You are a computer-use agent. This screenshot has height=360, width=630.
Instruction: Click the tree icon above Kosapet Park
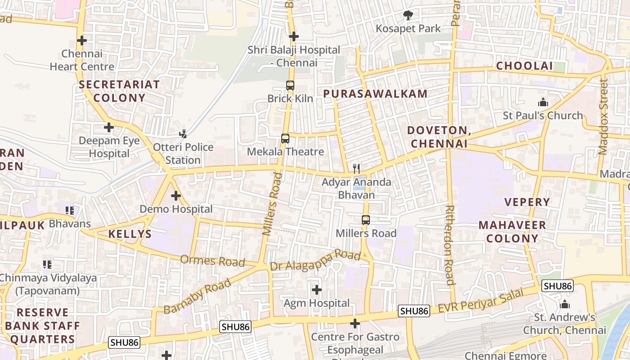[408, 16]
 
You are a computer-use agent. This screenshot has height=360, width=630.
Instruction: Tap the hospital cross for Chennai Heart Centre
[81, 40]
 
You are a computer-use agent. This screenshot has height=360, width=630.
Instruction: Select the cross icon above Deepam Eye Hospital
[109, 127]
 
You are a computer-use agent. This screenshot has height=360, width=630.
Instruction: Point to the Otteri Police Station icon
[183, 134]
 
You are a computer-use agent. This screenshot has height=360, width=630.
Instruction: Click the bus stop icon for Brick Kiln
[290, 85]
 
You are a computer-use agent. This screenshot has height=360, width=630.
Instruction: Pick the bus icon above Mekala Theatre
[285, 138]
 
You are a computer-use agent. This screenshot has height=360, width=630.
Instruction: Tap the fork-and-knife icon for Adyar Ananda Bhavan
[356, 169]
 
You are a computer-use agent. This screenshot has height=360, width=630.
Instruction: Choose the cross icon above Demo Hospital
[176, 196]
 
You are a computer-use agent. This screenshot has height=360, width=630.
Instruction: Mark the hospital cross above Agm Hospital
[317, 289]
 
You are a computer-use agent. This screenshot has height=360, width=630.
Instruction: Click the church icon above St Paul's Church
[543, 102]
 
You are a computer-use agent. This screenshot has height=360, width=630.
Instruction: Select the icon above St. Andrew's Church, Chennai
[565, 304]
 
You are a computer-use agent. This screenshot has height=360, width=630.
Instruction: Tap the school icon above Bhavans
[70, 210]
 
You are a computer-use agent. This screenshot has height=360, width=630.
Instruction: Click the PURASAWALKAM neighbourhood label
[375, 94]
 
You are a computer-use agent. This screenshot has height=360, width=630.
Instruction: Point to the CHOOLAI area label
[524, 66]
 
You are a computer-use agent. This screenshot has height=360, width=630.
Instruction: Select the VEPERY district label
[527, 202]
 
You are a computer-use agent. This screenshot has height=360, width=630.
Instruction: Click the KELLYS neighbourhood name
[130, 234]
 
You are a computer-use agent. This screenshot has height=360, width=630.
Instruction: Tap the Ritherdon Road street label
[450, 245]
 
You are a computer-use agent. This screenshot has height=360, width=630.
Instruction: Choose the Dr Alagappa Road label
[315, 261]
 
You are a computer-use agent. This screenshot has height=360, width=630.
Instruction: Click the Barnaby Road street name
[198, 296]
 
